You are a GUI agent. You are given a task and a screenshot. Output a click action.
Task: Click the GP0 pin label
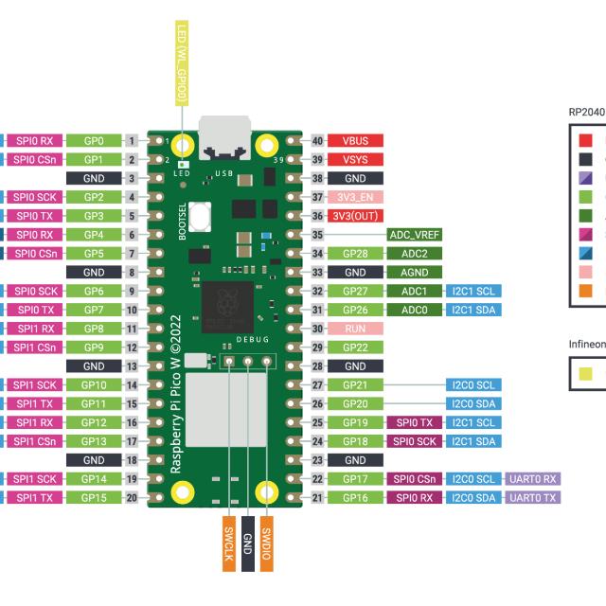[94, 140]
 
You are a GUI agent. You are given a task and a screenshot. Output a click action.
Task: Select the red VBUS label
[355, 140]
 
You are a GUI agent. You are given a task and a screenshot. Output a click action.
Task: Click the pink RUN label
[355, 328]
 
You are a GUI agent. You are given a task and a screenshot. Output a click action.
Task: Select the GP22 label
[355, 347]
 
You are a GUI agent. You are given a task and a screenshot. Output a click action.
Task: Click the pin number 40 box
[317, 140]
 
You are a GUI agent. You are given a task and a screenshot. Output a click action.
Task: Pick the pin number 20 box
[134, 497]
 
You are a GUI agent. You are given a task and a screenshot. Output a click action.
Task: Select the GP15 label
[94, 497]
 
